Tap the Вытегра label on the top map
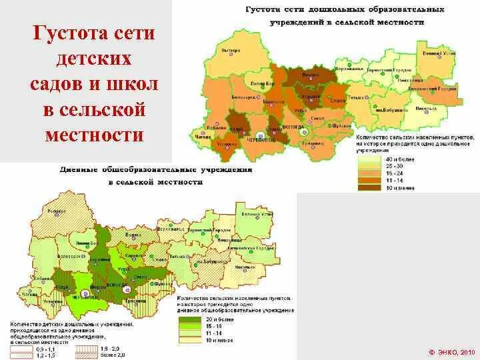click(231, 51)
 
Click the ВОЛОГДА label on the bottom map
click(129, 283)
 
